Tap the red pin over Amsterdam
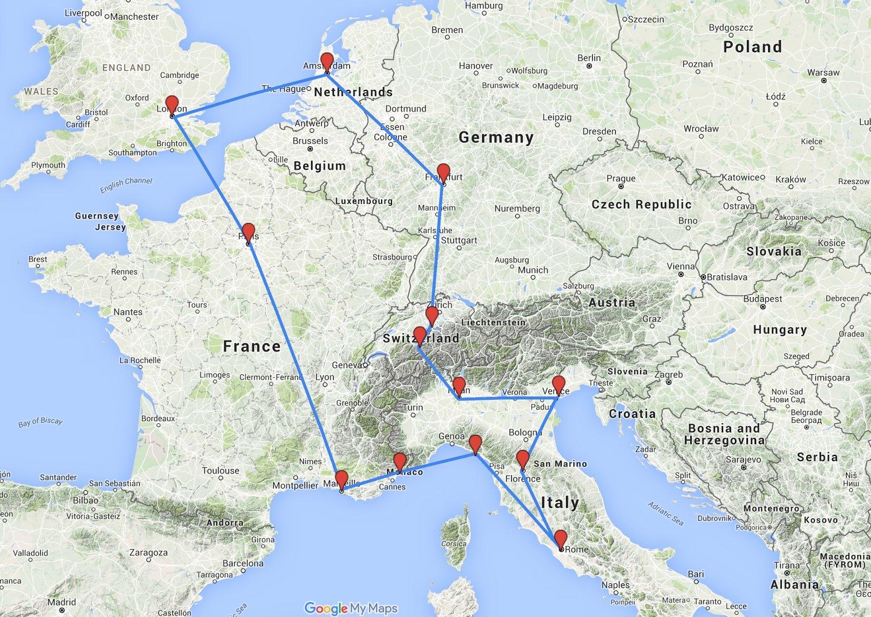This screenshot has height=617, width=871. [327, 61]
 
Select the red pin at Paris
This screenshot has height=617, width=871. [248, 232]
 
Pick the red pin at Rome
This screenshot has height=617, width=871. [561, 539]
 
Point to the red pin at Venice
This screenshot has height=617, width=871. [559, 385]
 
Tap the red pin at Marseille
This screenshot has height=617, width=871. [341, 479]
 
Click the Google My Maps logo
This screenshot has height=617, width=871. [351, 608]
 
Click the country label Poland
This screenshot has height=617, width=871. [752, 47]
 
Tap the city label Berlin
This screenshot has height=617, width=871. [589, 58]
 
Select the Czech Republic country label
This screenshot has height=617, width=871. [641, 205]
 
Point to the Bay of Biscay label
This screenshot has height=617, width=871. [40, 422]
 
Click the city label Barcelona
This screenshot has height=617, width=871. [243, 563]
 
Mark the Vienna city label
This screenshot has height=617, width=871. [680, 267]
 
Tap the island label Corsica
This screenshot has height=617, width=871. [453, 544]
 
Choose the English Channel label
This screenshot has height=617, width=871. [126, 184]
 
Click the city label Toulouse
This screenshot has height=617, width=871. [220, 471]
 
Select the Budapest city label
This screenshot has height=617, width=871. [763, 299]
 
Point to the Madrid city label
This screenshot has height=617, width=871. [62, 602]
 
